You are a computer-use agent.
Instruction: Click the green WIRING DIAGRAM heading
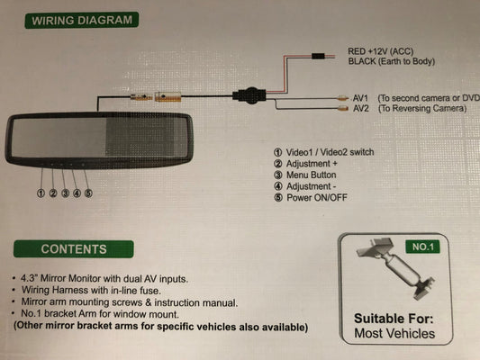click(81, 20)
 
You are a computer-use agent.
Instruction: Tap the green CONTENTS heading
click(74, 249)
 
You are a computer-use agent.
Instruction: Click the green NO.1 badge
click(422, 247)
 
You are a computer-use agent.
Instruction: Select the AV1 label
click(360, 98)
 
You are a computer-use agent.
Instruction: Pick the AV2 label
click(361, 108)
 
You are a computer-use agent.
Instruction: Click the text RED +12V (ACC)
click(381, 51)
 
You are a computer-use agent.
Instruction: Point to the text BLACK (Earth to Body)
click(391, 61)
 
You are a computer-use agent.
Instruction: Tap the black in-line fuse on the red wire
click(318, 56)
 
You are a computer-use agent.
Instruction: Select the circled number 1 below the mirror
click(41, 193)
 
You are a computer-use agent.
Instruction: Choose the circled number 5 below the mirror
click(88, 193)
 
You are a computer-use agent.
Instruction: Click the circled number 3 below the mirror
click(65, 193)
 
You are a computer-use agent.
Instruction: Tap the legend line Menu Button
click(305, 175)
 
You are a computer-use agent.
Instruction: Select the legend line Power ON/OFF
click(311, 198)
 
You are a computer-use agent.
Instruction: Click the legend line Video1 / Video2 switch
click(323, 152)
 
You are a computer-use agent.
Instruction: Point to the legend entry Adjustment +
click(305, 164)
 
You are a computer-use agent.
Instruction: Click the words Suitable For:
click(394, 319)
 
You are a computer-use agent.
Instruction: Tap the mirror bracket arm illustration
click(396, 268)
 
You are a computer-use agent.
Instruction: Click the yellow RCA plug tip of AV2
click(343, 108)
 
